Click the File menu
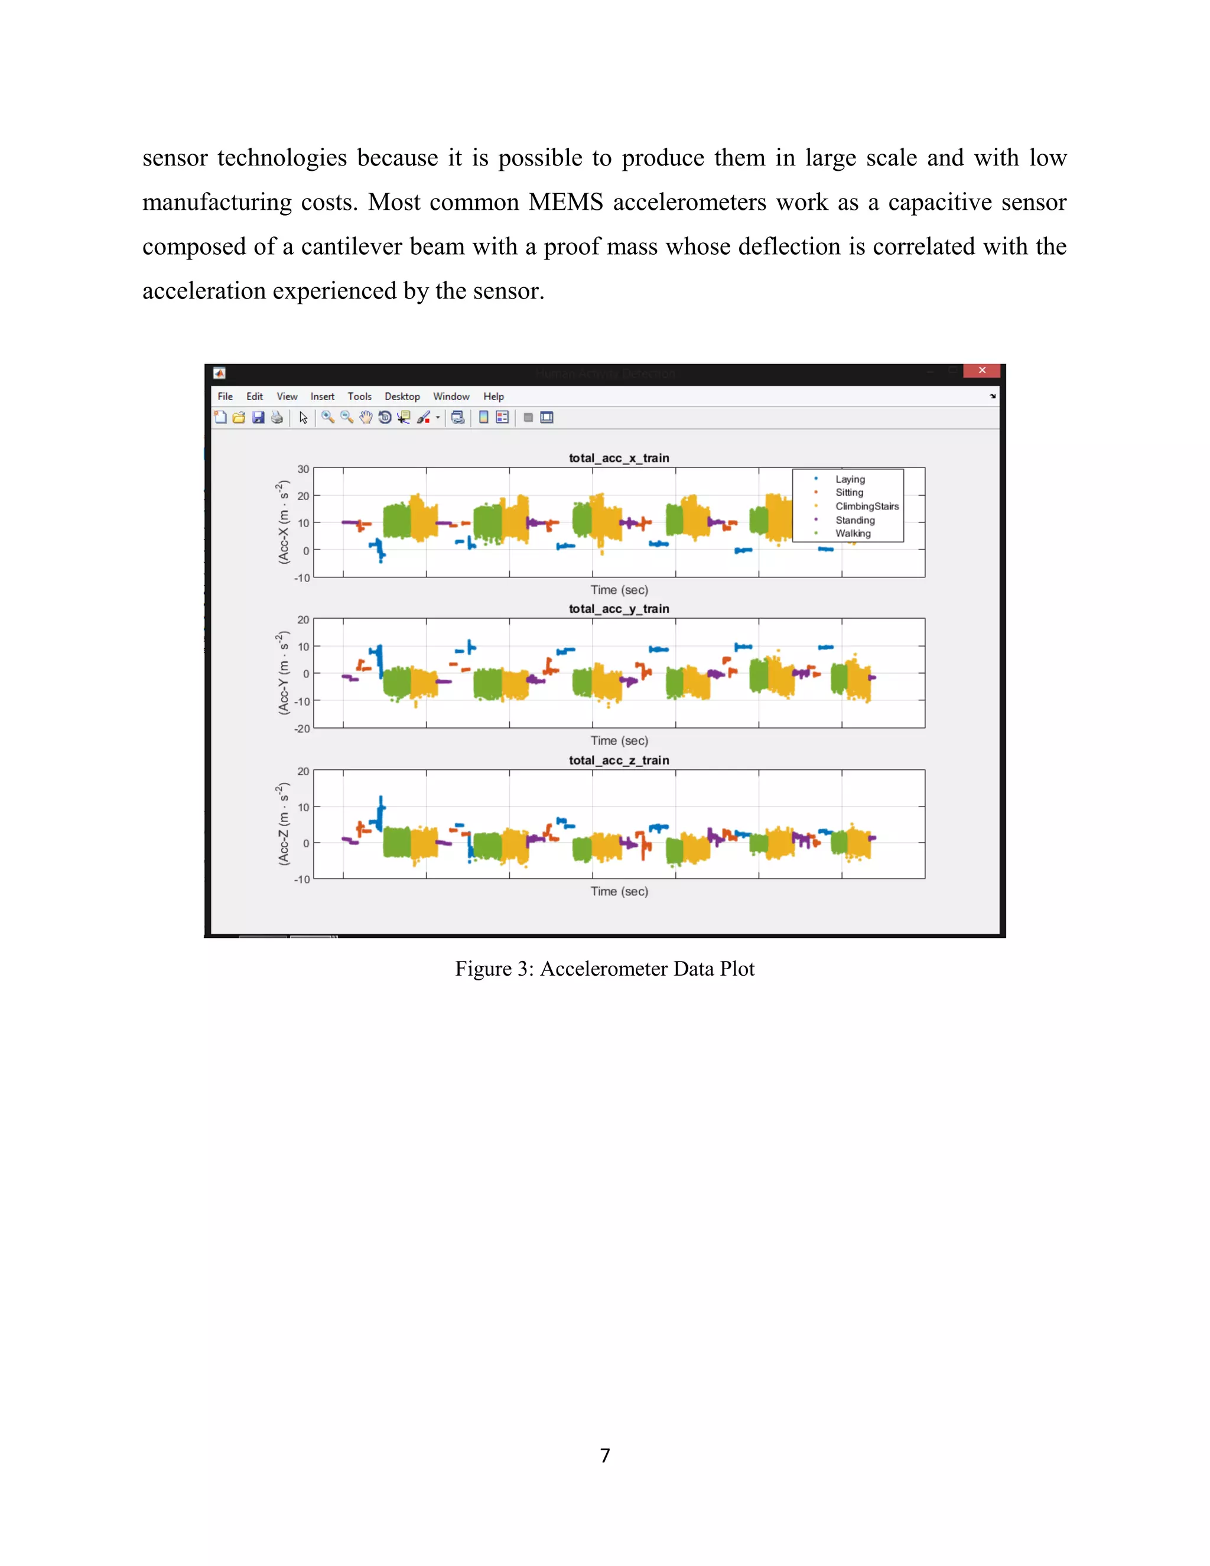coord(225,397)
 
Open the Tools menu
coord(359,397)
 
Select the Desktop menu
coord(402,397)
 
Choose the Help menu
coord(493,397)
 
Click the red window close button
coord(982,371)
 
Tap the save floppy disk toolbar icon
coord(258,417)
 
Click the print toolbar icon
coord(277,417)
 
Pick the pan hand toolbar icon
coord(366,417)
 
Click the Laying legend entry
coord(850,479)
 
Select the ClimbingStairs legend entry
coord(867,506)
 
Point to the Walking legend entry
coord(853,534)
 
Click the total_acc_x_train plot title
coord(619,458)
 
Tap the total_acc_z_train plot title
coord(619,760)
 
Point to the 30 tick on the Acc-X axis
coord(303,469)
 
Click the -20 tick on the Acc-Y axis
coord(302,729)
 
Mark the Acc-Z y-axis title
coord(283,824)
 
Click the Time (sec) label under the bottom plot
coord(619,891)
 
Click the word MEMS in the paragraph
coord(565,203)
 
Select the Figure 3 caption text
coord(604,969)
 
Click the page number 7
coord(605,1455)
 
